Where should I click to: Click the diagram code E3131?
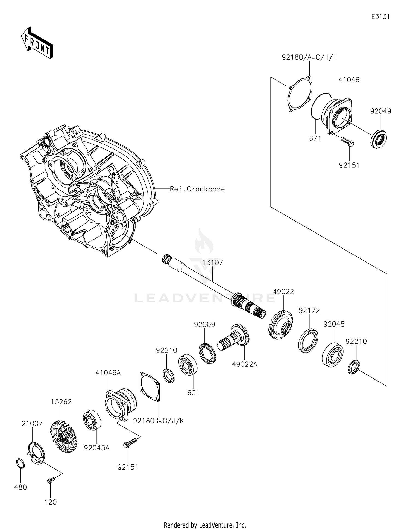(380, 17)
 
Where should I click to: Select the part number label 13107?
(213, 263)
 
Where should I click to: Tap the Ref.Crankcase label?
(197, 189)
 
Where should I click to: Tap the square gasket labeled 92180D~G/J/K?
(150, 386)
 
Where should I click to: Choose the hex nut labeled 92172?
(308, 341)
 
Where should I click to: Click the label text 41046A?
(108, 373)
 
